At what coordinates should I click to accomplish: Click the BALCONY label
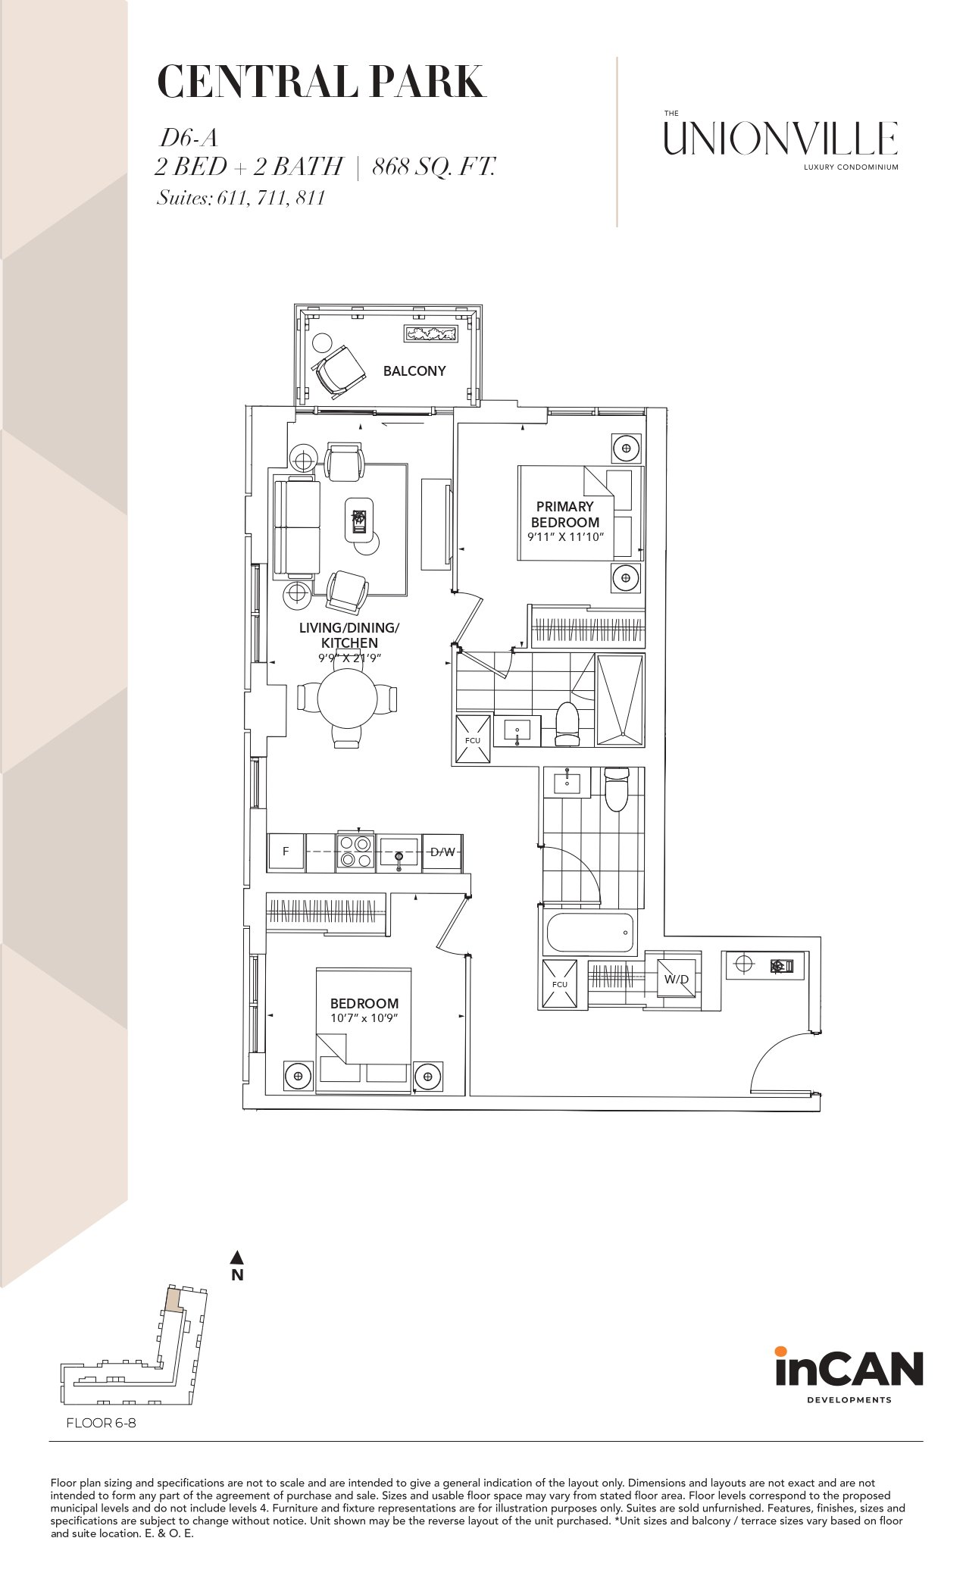coord(414,370)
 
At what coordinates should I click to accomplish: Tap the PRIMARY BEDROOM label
coord(565,514)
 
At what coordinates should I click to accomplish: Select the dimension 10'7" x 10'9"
coord(364,1018)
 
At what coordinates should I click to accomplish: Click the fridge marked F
coord(286,852)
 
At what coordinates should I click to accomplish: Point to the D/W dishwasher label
coord(442,852)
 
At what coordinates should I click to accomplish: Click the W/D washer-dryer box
coord(676,979)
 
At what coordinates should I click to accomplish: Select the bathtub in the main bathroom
coord(589,933)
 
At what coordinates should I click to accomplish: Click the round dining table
coord(347,698)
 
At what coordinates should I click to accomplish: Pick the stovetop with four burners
coord(355,852)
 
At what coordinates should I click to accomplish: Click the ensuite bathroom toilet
coord(567,725)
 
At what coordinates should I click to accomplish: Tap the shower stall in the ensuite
coord(621,699)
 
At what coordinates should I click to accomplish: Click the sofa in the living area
coord(296,528)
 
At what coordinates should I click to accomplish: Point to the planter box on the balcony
coord(431,333)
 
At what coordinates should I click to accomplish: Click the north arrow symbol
coord(237,1258)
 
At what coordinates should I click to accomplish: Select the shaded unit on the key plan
coord(174,1301)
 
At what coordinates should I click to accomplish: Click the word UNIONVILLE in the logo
coord(781,139)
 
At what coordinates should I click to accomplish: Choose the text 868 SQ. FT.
coord(433,166)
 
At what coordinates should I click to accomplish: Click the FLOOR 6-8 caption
coord(101,1423)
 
